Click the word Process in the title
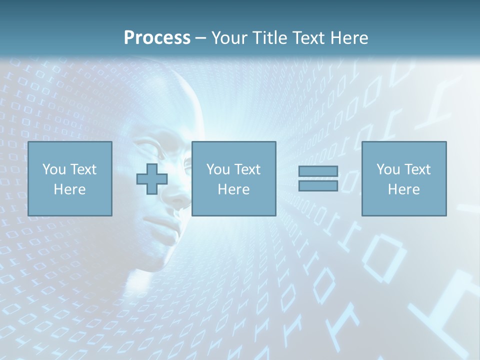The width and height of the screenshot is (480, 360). (x=157, y=38)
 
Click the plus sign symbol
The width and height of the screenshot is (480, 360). (x=152, y=178)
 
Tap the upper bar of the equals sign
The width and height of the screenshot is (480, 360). (x=318, y=171)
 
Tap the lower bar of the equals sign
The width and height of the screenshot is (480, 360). (x=318, y=185)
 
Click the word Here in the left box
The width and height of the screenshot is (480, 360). (x=69, y=189)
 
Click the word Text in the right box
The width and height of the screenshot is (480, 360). (x=417, y=169)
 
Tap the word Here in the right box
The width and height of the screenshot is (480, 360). (x=403, y=189)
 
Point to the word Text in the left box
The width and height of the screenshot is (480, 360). (x=83, y=169)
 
